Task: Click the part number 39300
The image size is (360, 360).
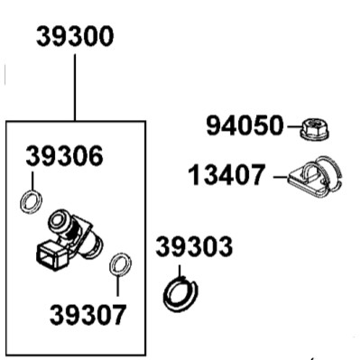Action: click(75, 36)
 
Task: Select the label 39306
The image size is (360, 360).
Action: click(65, 156)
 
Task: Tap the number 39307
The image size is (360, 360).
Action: click(88, 315)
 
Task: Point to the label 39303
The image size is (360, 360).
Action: click(194, 246)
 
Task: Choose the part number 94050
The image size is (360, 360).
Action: click(245, 125)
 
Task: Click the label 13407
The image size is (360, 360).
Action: click(227, 174)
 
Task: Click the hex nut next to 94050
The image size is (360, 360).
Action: click(315, 129)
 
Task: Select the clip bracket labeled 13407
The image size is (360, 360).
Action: click(315, 178)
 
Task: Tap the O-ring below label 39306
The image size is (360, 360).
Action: click(31, 202)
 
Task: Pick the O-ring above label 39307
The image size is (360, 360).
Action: click(120, 263)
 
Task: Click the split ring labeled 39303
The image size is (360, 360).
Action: click(180, 294)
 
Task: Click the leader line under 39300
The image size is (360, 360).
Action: click(75, 88)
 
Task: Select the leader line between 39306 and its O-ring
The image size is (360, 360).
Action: click(32, 180)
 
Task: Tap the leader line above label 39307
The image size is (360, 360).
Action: click(117, 285)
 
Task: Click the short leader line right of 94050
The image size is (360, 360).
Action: click(294, 126)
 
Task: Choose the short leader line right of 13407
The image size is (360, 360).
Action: click(281, 177)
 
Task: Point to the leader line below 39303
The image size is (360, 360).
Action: click(180, 272)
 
